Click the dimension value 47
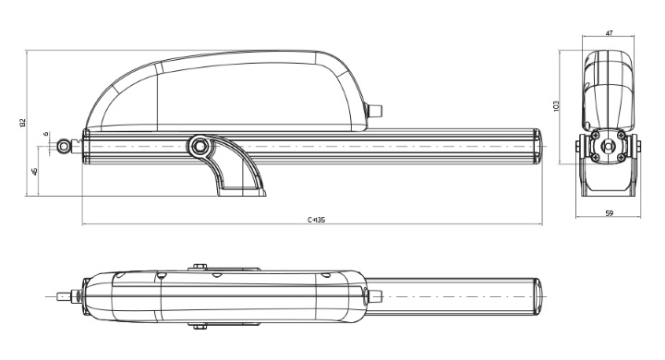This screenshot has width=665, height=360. pos(609,33)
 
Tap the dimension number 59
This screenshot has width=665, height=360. pos(609,214)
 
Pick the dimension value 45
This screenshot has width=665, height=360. pos(35,171)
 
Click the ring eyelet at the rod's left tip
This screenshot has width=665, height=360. pos(63,146)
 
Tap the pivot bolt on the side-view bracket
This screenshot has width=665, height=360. pos(199,146)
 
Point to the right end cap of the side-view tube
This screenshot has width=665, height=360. pos(538,146)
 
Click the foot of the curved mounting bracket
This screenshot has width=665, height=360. pos(240,192)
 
